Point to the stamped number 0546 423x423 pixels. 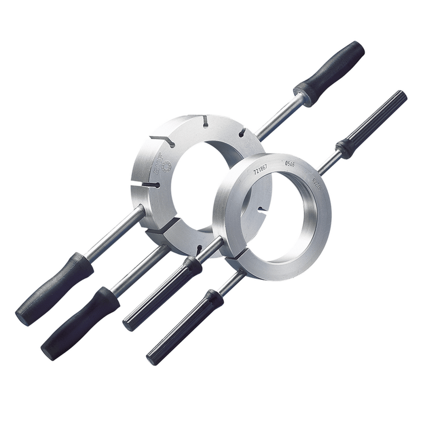290,164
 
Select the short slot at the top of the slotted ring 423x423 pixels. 205,121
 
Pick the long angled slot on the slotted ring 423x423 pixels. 162,141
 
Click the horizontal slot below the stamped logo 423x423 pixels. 151,184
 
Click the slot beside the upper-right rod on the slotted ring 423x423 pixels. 242,133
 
